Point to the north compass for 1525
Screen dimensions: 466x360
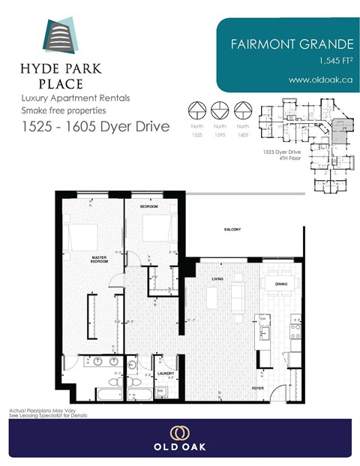[196, 110]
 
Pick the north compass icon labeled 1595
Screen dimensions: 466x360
[220, 110]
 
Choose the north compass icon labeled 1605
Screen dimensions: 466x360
[243, 110]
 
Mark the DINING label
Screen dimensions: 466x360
[281, 284]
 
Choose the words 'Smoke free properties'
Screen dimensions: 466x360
[65, 110]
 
